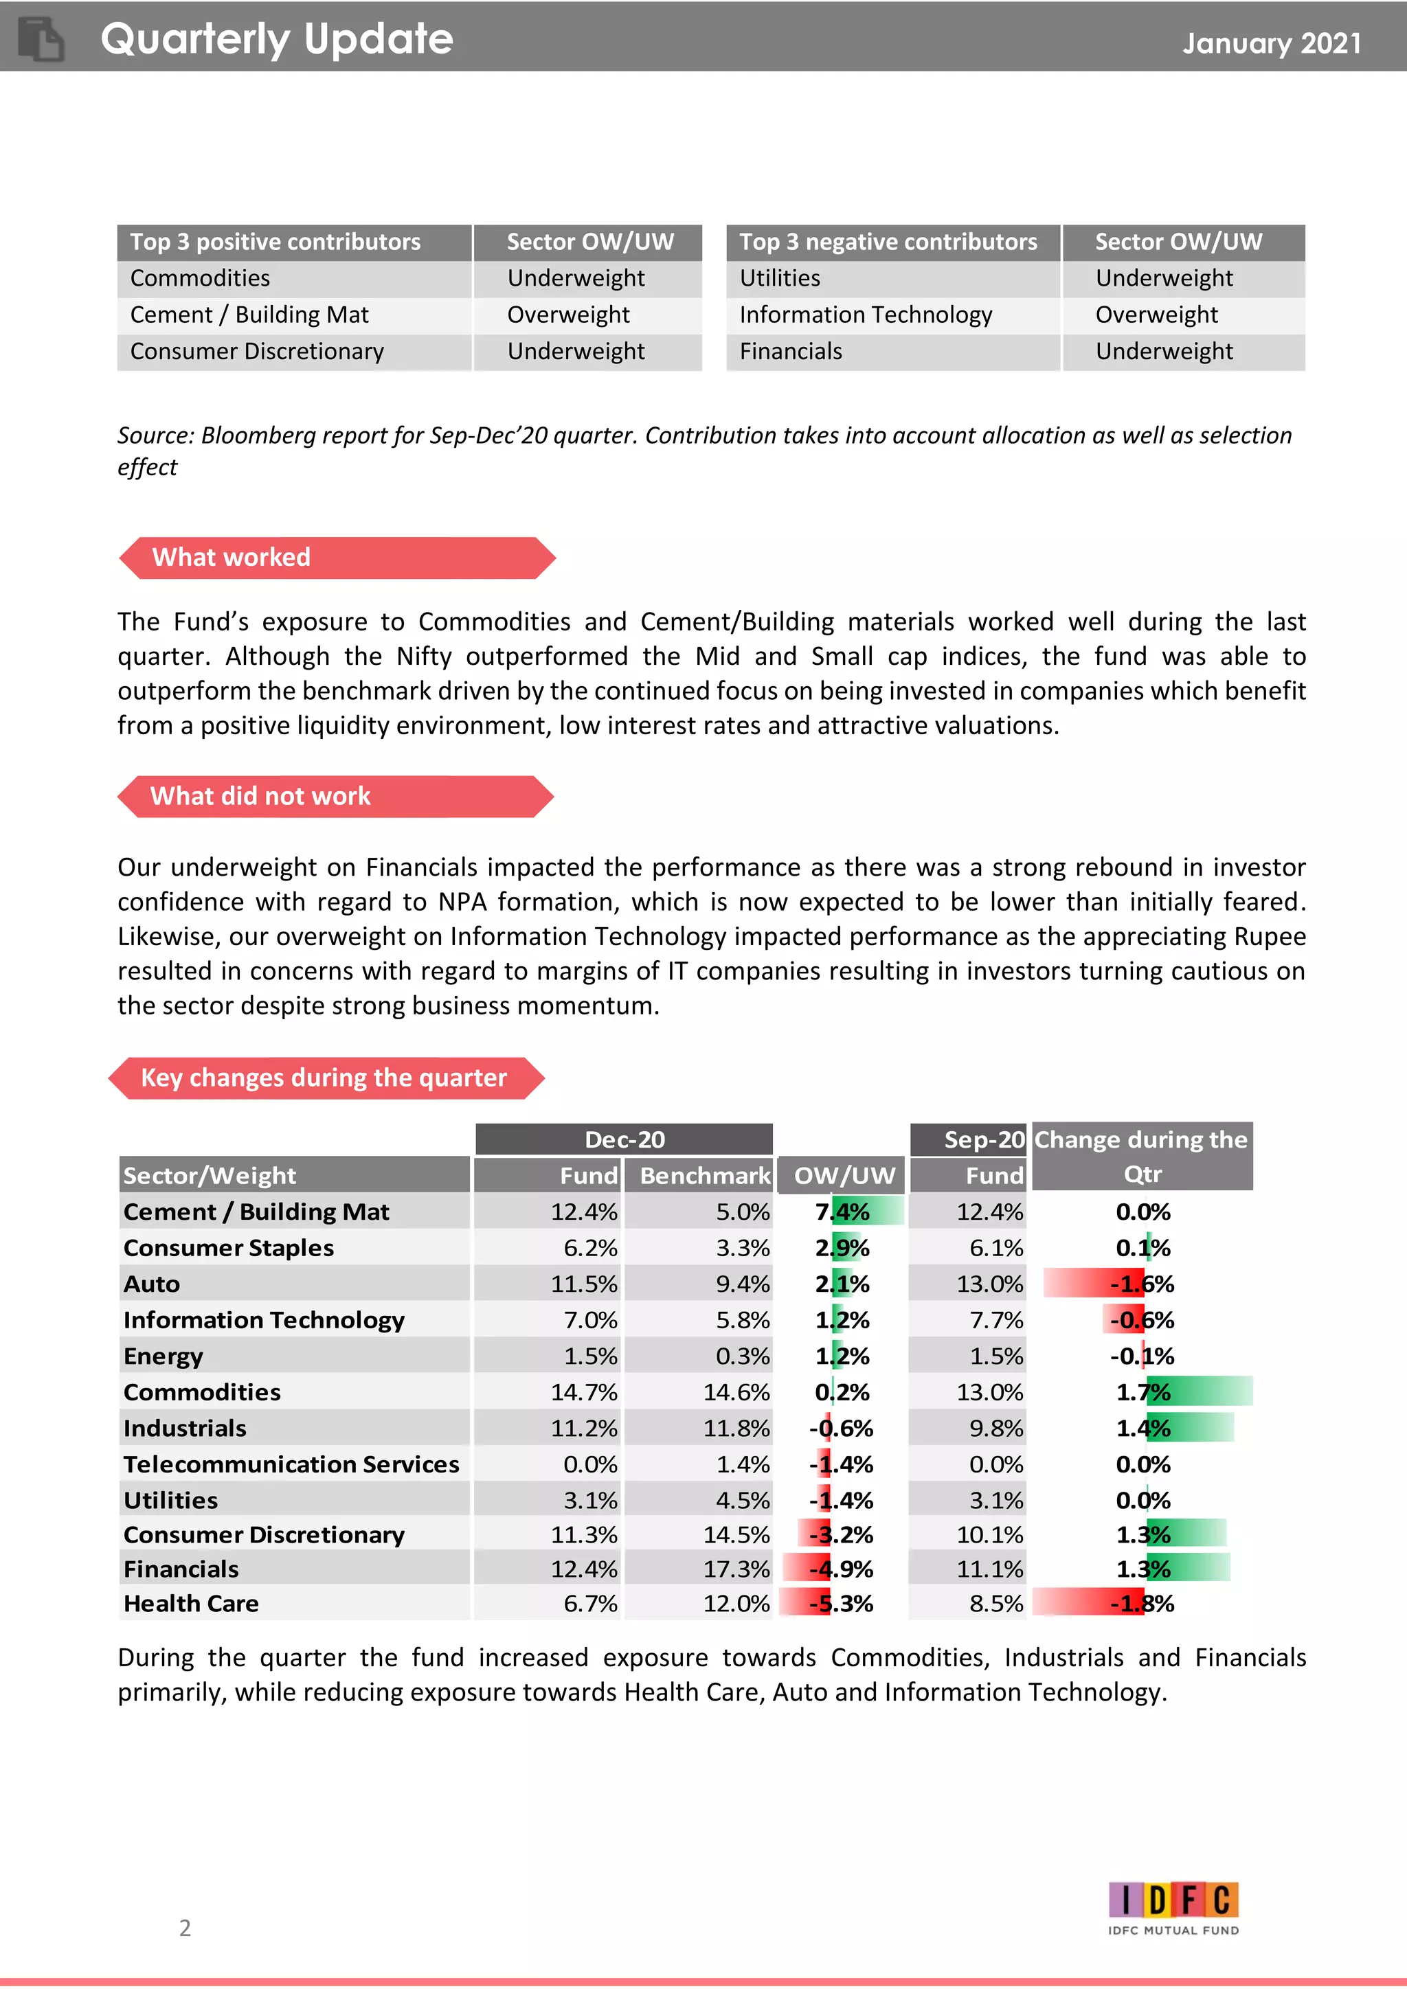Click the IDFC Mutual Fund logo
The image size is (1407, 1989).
coord(1173,1909)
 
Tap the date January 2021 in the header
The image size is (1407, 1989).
coord(1271,43)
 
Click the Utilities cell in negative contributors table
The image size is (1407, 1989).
coord(780,278)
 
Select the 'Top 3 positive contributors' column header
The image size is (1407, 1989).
coord(275,242)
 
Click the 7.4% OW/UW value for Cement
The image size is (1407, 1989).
coord(842,1211)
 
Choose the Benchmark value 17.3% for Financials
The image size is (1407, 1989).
coord(736,1569)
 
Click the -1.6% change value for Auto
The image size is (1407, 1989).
coord(1142,1284)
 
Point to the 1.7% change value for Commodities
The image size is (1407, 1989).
coord(1142,1392)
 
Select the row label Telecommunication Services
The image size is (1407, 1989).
coord(291,1464)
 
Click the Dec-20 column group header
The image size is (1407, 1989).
coord(624,1139)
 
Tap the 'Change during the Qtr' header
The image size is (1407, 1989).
coord(1141,1157)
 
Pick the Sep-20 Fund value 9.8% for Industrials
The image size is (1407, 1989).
coord(995,1428)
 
